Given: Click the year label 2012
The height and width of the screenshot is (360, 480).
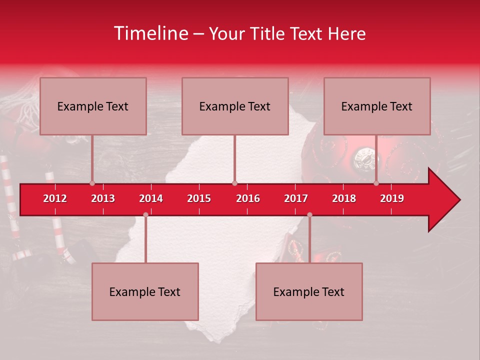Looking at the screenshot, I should pyautogui.click(x=55, y=198).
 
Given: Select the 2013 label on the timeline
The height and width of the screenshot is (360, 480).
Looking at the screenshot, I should pyautogui.click(x=103, y=198).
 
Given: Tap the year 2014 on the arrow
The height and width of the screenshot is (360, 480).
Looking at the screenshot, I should pyautogui.click(x=151, y=198).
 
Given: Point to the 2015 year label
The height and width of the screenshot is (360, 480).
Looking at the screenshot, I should pyautogui.click(x=199, y=198).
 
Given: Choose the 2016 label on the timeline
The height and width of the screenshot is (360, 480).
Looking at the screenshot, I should pyautogui.click(x=248, y=198).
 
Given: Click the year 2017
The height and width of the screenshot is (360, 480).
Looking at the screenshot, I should pyautogui.click(x=296, y=198).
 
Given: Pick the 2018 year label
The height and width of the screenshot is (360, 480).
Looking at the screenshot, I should pyautogui.click(x=344, y=198).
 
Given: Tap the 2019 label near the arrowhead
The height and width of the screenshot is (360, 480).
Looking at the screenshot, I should pyautogui.click(x=392, y=198).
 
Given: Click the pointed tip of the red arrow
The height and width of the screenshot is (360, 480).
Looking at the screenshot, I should pyautogui.click(x=459, y=200).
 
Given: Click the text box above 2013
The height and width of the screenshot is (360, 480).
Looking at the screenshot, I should pyautogui.click(x=93, y=106).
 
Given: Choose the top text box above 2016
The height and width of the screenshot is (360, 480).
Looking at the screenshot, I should pyautogui.click(x=235, y=106).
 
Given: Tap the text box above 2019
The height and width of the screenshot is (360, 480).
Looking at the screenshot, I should pyautogui.click(x=377, y=106).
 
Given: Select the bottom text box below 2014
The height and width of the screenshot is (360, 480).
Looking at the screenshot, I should pyautogui.click(x=145, y=291).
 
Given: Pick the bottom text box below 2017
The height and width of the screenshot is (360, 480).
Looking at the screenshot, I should pyautogui.click(x=309, y=291).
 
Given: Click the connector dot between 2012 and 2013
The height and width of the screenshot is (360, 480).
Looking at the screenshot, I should pyautogui.click(x=92, y=183).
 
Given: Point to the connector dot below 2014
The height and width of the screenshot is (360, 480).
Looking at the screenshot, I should pyautogui.click(x=145, y=214).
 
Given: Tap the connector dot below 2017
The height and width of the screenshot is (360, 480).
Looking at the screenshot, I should pyautogui.click(x=309, y=214).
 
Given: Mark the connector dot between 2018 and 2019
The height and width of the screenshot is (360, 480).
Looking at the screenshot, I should pyautogui.click(x=376, y=183).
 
